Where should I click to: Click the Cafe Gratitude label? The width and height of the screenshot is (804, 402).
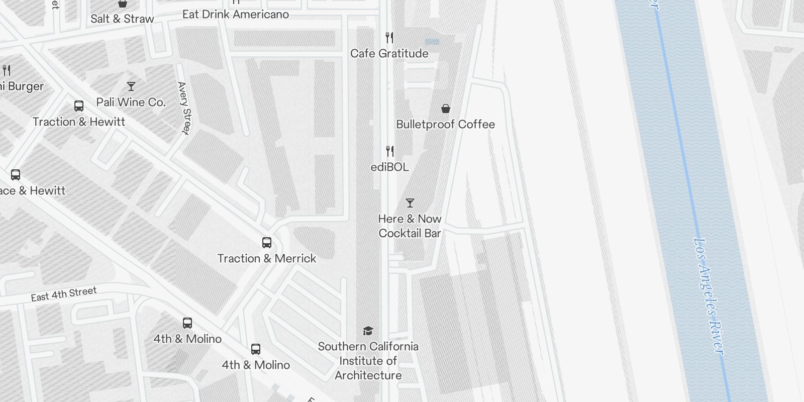pos(389,53)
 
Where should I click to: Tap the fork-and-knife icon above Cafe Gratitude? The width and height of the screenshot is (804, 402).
pos(389,37)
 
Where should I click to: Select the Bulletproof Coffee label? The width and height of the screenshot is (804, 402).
pos(445,124)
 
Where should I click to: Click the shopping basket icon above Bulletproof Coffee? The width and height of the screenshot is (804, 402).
pos(445,109)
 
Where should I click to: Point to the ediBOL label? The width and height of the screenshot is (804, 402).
pos(389,167)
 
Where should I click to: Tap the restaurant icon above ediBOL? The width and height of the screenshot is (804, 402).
pos(389,151)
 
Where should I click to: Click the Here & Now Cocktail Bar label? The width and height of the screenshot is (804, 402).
pos(410,226)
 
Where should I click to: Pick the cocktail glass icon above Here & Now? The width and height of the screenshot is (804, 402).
pos(410,203)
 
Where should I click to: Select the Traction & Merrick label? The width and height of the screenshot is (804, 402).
pos(267,258)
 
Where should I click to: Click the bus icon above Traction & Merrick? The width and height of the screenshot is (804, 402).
pos(267,243)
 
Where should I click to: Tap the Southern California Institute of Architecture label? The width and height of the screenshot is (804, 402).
pos(368,360)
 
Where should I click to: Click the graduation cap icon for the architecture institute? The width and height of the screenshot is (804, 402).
pos(368,331)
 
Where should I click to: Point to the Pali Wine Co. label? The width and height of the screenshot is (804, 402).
pos(131,102)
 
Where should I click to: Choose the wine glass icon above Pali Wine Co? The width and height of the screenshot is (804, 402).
pos(131,86)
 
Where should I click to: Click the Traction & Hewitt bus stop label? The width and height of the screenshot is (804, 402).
pos(79,122)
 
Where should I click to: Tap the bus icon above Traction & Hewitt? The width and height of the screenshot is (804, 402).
pos(79,106)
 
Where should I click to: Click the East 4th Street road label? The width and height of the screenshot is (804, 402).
pos(64,294)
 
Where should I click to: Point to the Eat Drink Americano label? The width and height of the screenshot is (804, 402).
pos(235,14)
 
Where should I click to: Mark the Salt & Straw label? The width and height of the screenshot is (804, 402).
pos(122,19)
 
